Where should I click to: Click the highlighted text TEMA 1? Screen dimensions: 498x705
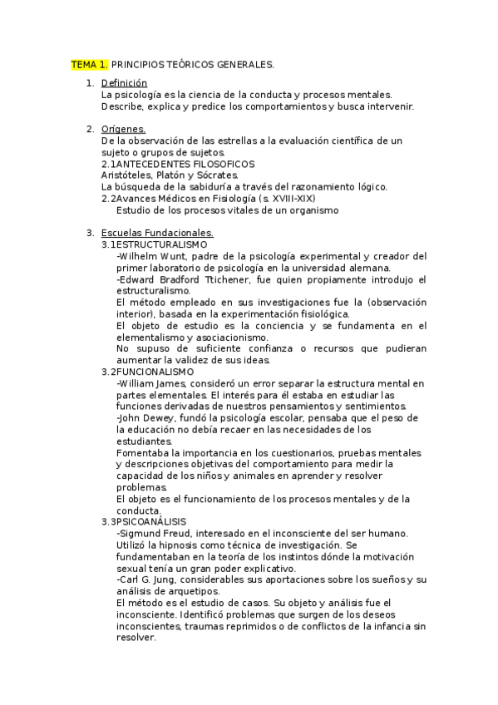(89, 64)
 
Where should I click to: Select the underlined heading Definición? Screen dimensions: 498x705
(124, 83)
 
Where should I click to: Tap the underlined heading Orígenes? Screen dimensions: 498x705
(123, 129)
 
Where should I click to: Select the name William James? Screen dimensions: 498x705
(156, 383)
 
